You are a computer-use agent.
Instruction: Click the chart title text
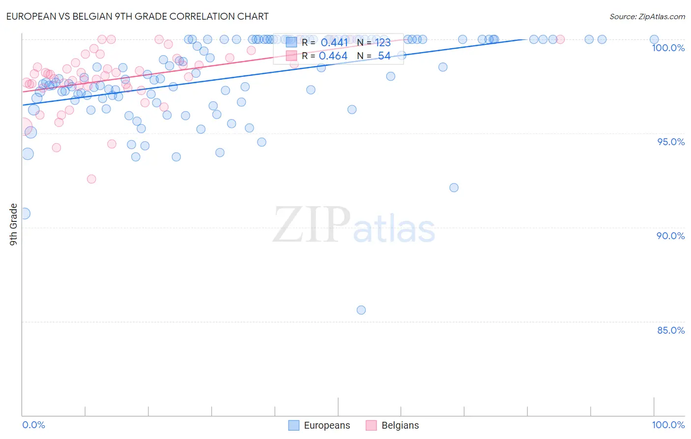(x=137, y=16)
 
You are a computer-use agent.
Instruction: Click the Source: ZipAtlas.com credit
(x=647, y=16)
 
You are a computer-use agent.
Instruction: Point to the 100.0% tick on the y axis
(x=668, y=48)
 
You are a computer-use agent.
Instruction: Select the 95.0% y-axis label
(x=671, y=142)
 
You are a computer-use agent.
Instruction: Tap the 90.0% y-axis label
(x=670, y=236)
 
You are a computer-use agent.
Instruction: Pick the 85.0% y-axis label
(x=671, y=330)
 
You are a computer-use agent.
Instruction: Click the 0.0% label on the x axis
(x=34, y=425)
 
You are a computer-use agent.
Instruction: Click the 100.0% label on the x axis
(x=668, y=425)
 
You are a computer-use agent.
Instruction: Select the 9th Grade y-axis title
(x=14, y=224)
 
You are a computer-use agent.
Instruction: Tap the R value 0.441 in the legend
(x=334, y=43)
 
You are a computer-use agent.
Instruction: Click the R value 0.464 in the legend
(x=333, y=56)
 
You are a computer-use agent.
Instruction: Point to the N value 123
(x=383, y=43)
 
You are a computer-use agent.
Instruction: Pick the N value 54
(x=384, y=56)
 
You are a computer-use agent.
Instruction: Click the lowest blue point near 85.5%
(x=361, y=310)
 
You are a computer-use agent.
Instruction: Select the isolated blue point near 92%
(x=454, y=188)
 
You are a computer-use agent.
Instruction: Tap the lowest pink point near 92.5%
(x=91, y=179)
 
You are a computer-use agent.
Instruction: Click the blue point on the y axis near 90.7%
(x=24, y=214)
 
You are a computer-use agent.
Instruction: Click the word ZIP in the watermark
(x=311, y=225)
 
